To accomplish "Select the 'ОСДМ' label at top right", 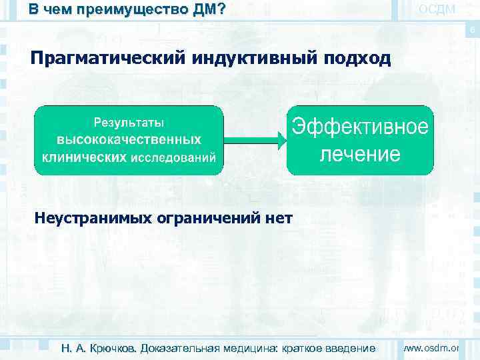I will tap(437, 9).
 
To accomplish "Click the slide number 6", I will tap(472, 31).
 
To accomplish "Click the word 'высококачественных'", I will tap(129, 140).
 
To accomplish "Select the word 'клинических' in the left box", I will tap(84, 157).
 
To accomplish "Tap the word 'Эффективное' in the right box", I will tap(360, 127).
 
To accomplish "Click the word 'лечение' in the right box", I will tap(360, 155).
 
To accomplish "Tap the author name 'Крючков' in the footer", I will tap(111, 348).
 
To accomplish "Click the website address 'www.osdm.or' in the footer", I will tap(433, 347).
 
